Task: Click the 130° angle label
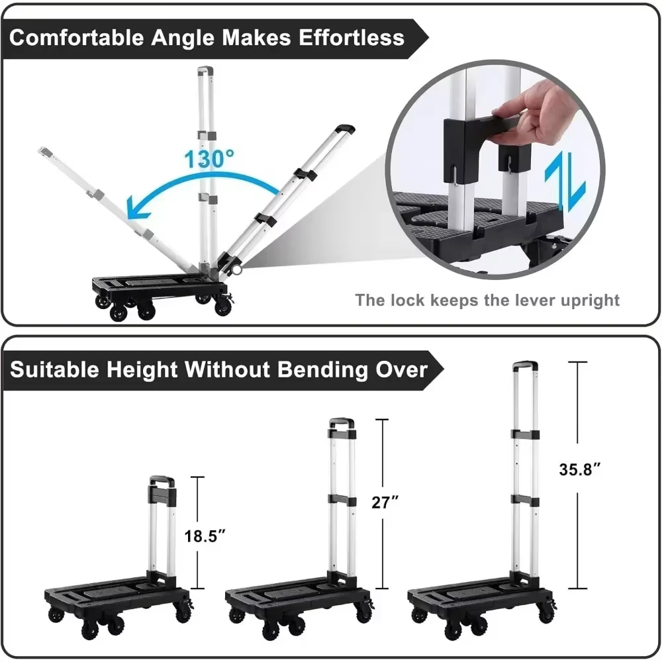[x=209, y=158]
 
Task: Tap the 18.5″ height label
[x=205, y=536]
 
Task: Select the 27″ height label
[x=385, y=502]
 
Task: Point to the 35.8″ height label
[x=579, y=469]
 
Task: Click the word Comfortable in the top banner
[x=76, y=37]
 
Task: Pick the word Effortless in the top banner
[x=352, y=37]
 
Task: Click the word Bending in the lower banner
[x=323, y=369]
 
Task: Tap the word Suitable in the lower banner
[x=55, y=369]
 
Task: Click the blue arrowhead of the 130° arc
[x=137, y=208]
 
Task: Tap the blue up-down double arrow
[x=565, y=181]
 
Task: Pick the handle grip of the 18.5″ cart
[x=162, y=480]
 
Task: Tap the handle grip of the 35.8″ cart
[x=525, y=365]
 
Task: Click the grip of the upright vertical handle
[x=205, y=69]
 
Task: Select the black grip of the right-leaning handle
[x=345, y=129]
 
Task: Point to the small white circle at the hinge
[x=237, y=269]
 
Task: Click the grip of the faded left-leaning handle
[x=45, y=152]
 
